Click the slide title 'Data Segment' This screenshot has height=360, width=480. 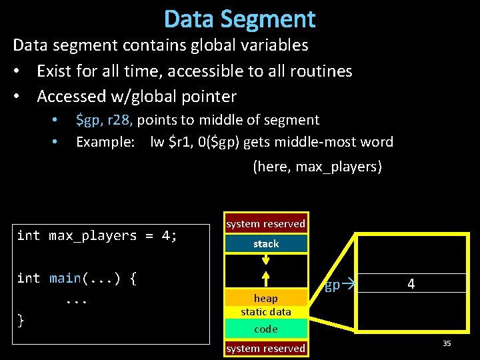[x=239, y=19]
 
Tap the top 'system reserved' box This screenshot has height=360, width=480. [x=265, y=224]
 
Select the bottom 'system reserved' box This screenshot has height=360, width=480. [x=265, y=348]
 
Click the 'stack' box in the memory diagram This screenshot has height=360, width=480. [x=266, y=244]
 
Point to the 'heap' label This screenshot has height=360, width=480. [x=266, y=298]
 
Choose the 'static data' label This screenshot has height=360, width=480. [x=266, y=311]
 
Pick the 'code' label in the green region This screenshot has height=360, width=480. [x=266, y=329]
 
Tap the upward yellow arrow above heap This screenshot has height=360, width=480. [x=266, y=279]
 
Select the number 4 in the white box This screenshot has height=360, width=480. [x=411, y=284]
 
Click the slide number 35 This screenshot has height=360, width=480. [x=447, y=343]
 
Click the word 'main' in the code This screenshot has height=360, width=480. [x=65, y=277]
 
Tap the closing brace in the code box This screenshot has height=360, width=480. [x=21, y=321]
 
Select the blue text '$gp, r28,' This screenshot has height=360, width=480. [x=105, y=120]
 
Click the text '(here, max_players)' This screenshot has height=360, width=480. [x=317, y=166]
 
